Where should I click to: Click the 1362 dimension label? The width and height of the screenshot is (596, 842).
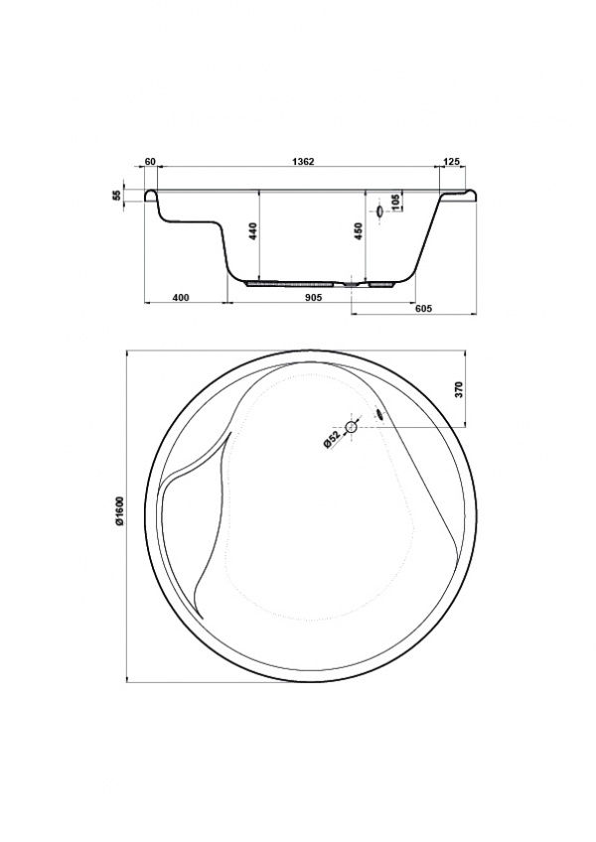pos(303,162)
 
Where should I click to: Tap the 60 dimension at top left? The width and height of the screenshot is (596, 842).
pos(150,162)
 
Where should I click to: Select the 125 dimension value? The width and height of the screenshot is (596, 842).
pos(454,162)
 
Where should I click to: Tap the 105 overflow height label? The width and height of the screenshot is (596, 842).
pos(396,203)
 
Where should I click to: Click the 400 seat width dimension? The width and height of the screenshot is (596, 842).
pos(181,298)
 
